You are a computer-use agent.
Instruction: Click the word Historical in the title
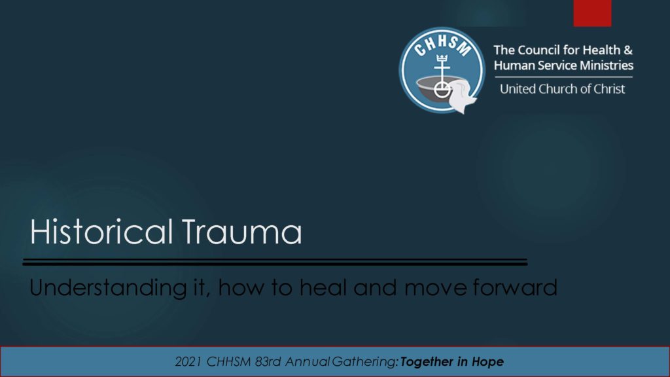101,231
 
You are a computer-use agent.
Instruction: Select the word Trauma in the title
242,231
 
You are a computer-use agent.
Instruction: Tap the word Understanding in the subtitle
108,288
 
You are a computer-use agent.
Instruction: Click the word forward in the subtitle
515,287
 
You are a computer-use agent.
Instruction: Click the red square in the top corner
592,13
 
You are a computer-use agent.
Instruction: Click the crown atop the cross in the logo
442,58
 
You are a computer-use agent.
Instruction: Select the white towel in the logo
461,97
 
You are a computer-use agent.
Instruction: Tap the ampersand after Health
627,50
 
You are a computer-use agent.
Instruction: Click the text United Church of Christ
562,89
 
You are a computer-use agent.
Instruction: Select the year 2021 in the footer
188,361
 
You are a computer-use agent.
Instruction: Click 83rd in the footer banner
268,361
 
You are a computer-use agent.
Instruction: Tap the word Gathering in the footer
364,362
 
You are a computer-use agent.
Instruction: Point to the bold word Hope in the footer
487,362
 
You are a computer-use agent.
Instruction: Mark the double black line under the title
275,262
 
